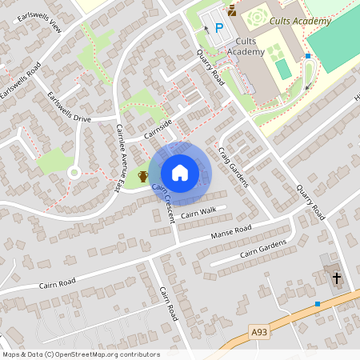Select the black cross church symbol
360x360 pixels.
coord(337,278)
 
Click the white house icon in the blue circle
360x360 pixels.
coord(180,173)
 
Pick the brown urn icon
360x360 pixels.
coord(143,176)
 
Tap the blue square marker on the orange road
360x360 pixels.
coord(318,304)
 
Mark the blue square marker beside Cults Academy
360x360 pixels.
coord(308,56)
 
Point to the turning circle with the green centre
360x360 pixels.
coord(73,171)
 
